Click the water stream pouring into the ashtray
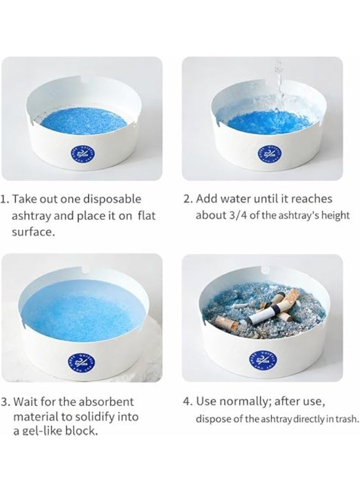tap(278, 76)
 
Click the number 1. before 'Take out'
tap(5, 199)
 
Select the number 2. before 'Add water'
tap(188, 199)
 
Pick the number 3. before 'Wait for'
tap(5, 402)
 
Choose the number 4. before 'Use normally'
tap(188, 402)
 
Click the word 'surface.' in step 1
tap(33, 232)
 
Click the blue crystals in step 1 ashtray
tap(82, 117)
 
